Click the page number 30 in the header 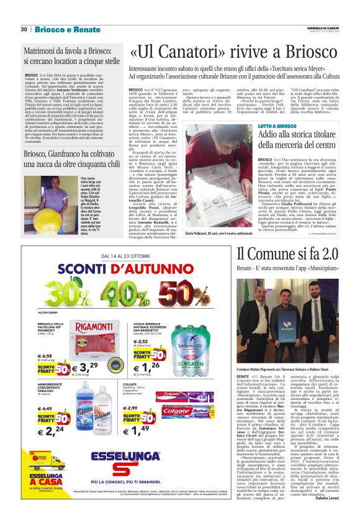[24, 29]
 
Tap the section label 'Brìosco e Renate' [60, 29]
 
